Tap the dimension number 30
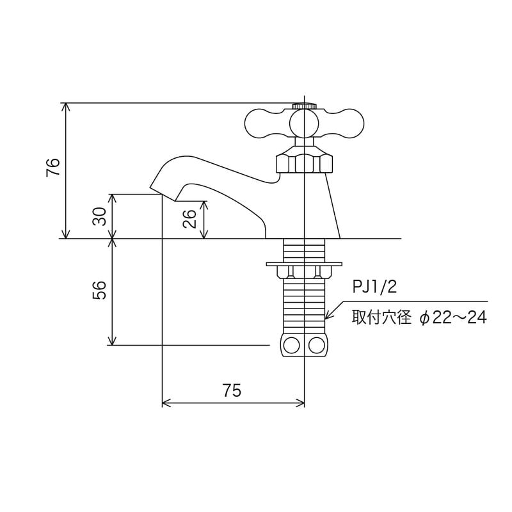pos(100,217)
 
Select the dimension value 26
pos(189,220)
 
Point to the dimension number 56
pos(100,291)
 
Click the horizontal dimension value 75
pos(232,391)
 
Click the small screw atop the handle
pos(304,106)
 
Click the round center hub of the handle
pos(304,123)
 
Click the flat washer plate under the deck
pos(304,263)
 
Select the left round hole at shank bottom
pos(292,346)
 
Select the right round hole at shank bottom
pos(316,346)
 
